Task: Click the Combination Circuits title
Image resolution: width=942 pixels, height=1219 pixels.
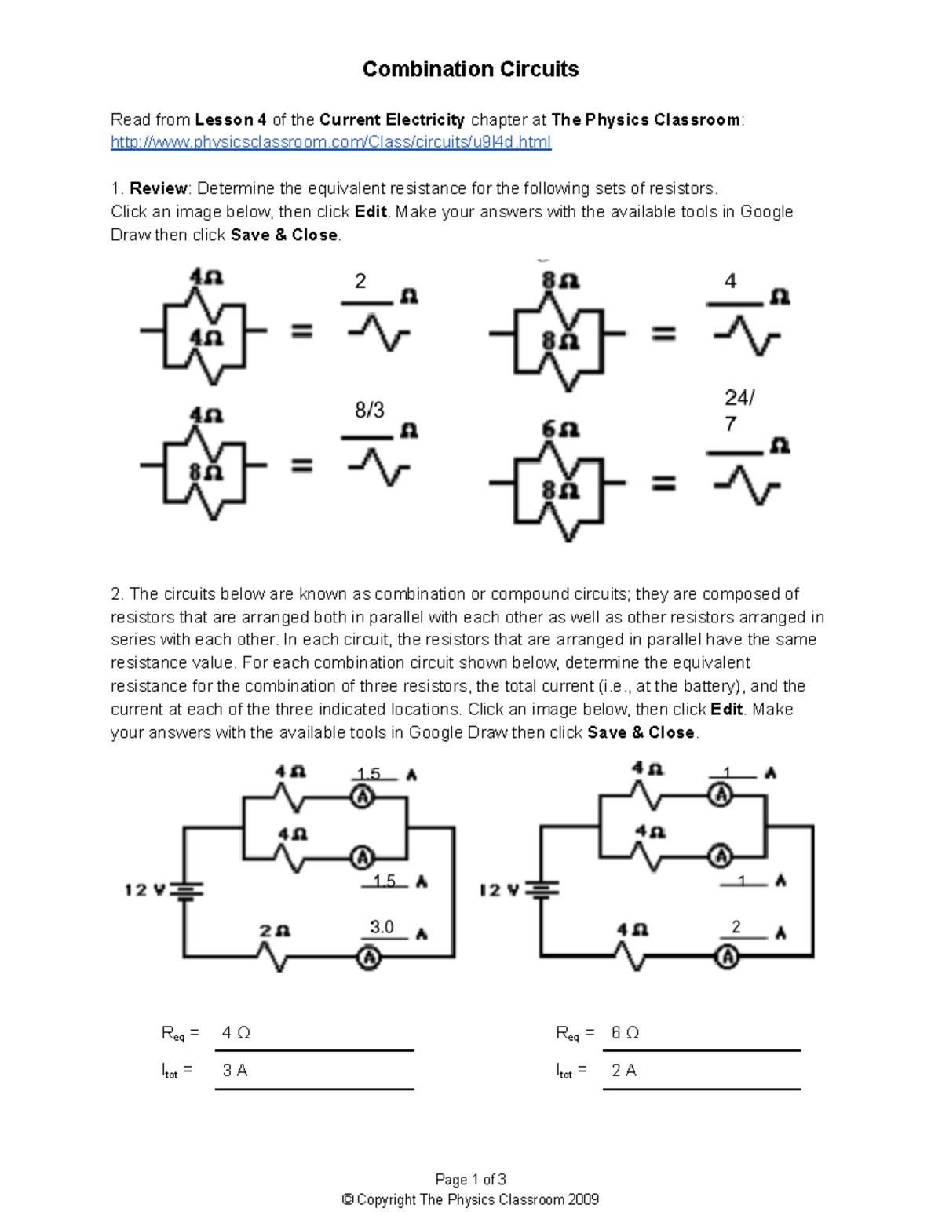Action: [x=470, y=69]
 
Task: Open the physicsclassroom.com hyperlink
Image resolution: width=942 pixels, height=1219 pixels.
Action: [x=330, y=142]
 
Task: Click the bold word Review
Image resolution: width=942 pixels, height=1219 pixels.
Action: [x=158, y=188]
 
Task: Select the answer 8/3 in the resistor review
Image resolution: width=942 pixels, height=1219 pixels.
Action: [x=370, y=410]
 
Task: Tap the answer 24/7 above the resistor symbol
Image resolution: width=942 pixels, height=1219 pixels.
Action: [x=738, y=410]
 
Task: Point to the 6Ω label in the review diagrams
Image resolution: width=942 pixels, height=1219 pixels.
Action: [x=560, y=429]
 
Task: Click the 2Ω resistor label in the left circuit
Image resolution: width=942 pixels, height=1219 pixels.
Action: [x=275, y=931]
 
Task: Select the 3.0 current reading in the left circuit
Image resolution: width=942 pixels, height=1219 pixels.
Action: [x=382, y=927]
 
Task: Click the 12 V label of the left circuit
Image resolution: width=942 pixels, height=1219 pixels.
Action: [x=145, y=890]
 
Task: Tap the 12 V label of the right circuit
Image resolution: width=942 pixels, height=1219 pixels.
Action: [x=499, y=890]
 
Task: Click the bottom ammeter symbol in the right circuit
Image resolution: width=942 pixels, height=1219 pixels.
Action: [x=728, y=957]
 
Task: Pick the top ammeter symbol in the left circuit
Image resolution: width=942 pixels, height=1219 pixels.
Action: [x=363, y=797]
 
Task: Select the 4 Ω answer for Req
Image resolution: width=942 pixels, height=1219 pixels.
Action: [x=235, y=1033]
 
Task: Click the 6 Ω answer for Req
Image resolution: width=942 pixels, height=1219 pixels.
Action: [x=625, y=1033]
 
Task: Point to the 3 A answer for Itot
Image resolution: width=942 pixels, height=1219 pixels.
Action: [x=235, y=1071]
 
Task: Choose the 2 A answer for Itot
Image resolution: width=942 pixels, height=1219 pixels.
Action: [x=624, y=1071]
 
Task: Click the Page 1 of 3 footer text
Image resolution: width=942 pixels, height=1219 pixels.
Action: [x=470, y=1180]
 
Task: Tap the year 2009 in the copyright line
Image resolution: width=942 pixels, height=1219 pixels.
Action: [x=583, y=1199]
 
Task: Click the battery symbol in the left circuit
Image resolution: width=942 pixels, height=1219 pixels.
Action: [x=186, y=890]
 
